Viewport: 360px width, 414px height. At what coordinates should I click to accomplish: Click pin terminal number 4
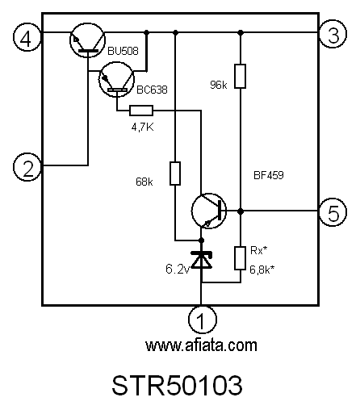coord(27,38)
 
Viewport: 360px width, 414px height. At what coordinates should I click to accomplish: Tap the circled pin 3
coord(333,35)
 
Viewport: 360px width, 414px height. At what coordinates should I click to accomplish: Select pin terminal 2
coord(27,167)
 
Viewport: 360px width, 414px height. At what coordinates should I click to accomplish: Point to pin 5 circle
coord(333,212)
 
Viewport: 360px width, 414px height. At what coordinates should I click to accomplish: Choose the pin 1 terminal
coord(203,320)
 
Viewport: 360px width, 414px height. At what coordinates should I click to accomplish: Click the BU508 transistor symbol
coord(87,40)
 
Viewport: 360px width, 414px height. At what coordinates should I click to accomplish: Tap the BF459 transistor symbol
coord(209,211)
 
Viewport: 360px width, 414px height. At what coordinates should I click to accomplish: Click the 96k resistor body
coord(240,76)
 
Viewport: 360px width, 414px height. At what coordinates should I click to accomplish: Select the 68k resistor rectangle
coord(175,174)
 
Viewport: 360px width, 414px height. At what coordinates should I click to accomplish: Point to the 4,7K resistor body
coord(141,111)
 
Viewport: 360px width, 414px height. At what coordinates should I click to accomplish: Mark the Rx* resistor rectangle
coord(240,258)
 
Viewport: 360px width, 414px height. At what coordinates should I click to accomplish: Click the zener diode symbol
coord(201,260)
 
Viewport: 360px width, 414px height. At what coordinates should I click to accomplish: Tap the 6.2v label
coord(178,269)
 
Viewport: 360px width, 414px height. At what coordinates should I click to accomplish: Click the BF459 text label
coord(269,175)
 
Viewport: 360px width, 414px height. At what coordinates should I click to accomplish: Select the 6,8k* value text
coord(262,270)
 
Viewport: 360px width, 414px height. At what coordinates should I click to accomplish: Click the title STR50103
coord(177,386)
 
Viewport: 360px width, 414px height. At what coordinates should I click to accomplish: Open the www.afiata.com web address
coord(201,345)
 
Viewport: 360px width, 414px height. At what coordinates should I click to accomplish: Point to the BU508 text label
coord(123,51)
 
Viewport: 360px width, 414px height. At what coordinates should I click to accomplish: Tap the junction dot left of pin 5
coord(241,211)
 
